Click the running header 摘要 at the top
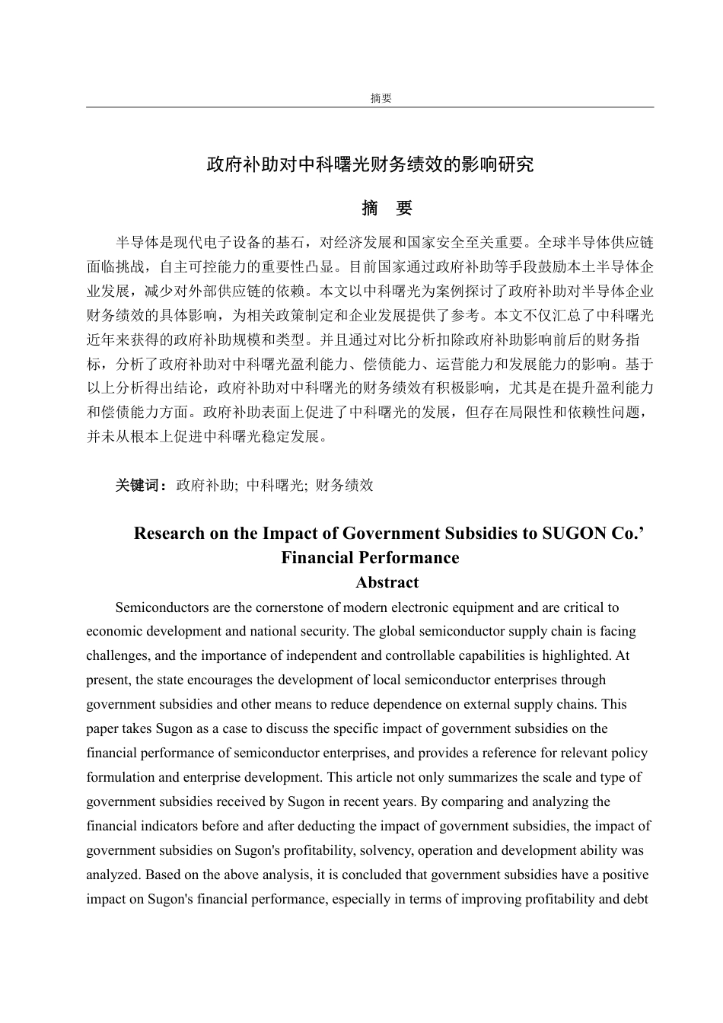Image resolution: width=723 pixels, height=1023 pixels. click(381, 98)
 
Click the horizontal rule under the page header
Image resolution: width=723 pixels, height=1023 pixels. click(370, 107)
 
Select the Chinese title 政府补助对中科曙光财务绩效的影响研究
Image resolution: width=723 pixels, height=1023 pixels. click(370, 164)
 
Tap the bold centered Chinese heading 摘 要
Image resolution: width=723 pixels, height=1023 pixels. click(387, 209)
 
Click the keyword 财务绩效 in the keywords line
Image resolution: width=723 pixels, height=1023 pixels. click(344, 485)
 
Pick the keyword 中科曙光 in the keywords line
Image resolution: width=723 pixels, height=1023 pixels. click(276, 485)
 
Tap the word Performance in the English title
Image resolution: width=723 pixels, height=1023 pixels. click(412, 557)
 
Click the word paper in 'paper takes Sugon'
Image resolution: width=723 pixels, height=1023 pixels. click(102, 728)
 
